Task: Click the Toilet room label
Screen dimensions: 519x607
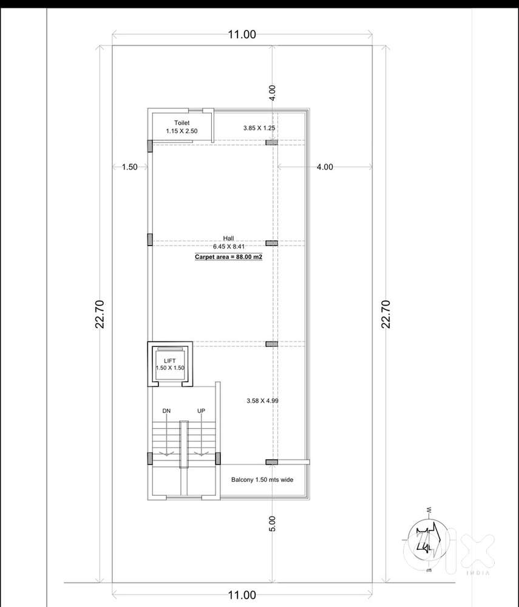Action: [x=181, y=123]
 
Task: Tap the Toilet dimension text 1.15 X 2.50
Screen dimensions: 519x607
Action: [x=181, y=131]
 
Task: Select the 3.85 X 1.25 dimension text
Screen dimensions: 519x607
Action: [x=259, y=128]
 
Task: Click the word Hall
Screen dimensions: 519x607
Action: [x=229, y=238]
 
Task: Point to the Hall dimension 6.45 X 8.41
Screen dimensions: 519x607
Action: [x=229, y=246]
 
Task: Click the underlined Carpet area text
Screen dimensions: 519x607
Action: [x=229, y=257]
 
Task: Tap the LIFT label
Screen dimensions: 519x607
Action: [x=170, y=361]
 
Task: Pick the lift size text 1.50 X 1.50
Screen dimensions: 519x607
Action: [x=170, y=368]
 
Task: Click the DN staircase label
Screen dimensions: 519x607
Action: [x=166, y=411]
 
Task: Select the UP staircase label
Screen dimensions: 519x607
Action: [x=201, y=411]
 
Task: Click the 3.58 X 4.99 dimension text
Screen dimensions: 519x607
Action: [x=263, y=400]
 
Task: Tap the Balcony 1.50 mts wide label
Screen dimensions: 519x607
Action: [x=262, y=479]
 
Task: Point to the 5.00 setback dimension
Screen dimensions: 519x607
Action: [x=273, y=524]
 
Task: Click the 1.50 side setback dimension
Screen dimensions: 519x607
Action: [x=129, y=167]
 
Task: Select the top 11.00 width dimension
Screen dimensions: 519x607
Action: [x=242, y=35]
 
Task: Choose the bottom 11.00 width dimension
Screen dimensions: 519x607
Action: [x=242, y=595]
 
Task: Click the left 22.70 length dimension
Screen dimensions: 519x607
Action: [x=100, y=314]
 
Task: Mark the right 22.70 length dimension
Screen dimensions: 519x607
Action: [x=385, y=314]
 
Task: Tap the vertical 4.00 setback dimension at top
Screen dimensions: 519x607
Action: [x=273, y=93]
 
